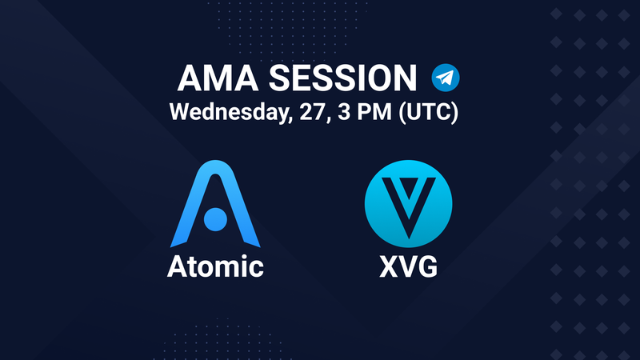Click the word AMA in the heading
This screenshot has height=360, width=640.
coord(218,78)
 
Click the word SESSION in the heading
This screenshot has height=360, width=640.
coord(342,78)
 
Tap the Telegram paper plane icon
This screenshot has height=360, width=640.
coord(446,78)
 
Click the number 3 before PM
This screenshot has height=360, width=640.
coord(344,112)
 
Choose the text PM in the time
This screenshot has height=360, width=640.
coord(374,112)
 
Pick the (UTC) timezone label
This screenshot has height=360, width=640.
coord(429,112)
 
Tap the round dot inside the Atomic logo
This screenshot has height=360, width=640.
coord(215,219)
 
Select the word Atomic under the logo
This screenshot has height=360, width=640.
coord(215,266)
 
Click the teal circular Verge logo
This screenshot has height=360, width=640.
coord(408,204)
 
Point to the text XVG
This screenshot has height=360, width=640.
coord(408,266)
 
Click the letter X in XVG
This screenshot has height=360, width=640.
coord(389,266)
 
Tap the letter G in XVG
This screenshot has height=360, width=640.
coord(428,266)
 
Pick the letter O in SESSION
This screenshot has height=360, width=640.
coord(378,78)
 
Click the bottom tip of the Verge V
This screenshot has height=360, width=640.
coord(409,238)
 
